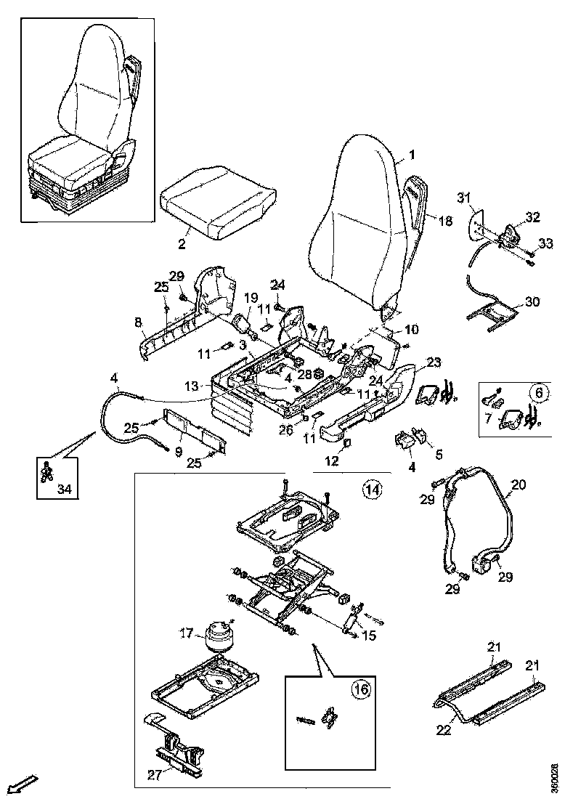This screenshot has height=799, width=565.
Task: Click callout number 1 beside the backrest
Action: coord(412,155)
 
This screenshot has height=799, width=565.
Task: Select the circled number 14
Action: coord(371,490)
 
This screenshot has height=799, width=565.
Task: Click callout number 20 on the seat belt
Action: coord(519,484)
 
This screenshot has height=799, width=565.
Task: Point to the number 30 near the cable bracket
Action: coord(532,302)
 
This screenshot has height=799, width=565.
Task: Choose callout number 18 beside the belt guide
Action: coord(445,221)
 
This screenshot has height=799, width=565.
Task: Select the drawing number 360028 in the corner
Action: coord(555,777)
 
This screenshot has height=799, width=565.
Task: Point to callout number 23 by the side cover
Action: coord(434,361)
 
